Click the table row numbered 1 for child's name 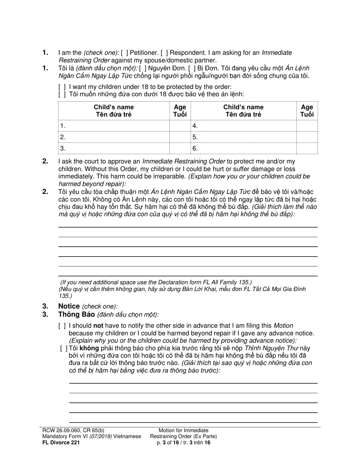[x=114, y=126]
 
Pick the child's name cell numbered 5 [x=243, y=137]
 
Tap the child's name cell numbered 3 [x=114, y=149]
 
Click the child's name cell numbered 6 [x=243, y=149]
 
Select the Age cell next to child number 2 [x=180, y=137]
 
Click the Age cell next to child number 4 [x=307, y=126]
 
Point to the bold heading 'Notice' [x=69, y=306]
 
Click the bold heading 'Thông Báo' [x=76, y=314]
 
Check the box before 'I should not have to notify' [x=62, y=326]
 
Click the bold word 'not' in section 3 [x=98, y=326]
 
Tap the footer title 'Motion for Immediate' [x=183, y=430]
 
